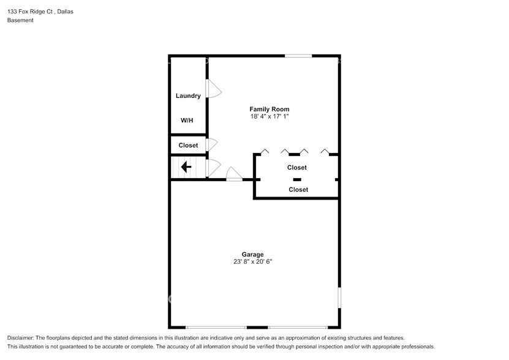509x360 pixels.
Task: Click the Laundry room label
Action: click(188, 96)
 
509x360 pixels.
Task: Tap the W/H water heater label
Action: click(187, 120)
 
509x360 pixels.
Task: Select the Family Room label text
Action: click(269, 109)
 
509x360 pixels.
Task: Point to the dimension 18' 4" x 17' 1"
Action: click(269, 116)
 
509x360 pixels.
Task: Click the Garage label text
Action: click(252, 254)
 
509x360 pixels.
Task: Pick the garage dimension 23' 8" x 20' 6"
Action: click(252, 261)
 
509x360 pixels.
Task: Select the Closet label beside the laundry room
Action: click(188, 145)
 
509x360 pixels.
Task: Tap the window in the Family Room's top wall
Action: click(298, 56)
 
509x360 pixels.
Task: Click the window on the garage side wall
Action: click(339, 297)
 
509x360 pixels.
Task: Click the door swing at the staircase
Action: click(213, 167)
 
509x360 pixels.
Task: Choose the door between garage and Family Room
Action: click(234, 175)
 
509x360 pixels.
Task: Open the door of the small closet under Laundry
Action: click(212, 145)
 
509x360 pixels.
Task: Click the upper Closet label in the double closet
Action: click(297, 167)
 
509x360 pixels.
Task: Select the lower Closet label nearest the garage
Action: click(298, 189)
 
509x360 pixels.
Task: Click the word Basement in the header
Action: click(20, 20)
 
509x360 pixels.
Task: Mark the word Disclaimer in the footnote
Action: click(21, 338)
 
